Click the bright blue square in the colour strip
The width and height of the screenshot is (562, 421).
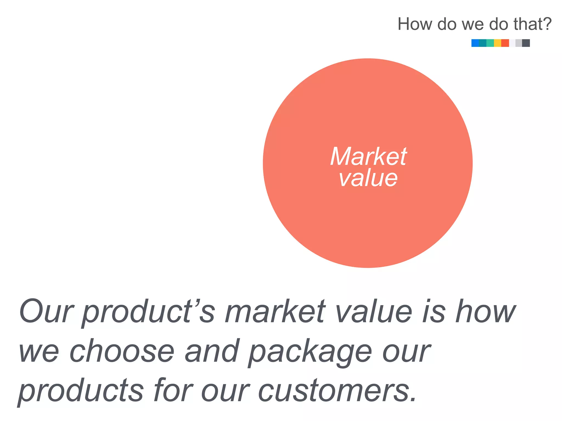[475, 43]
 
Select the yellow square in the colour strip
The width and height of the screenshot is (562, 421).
[498, 43]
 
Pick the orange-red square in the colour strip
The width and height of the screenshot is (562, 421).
[505, 43]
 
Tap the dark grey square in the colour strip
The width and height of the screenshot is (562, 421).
[526, 43]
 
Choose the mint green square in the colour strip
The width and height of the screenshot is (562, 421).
[490, 43]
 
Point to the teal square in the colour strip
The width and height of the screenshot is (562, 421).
[483, 43]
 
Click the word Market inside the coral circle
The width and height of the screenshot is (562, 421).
[368, 157]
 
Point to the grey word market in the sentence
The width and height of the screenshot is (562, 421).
[275, 311]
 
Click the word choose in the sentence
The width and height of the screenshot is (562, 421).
[122, 351]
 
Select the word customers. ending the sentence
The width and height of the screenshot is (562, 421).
[337, 391]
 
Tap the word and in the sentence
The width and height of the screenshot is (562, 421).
[212, 351]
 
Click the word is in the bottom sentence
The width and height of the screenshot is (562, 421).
[433, 311]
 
